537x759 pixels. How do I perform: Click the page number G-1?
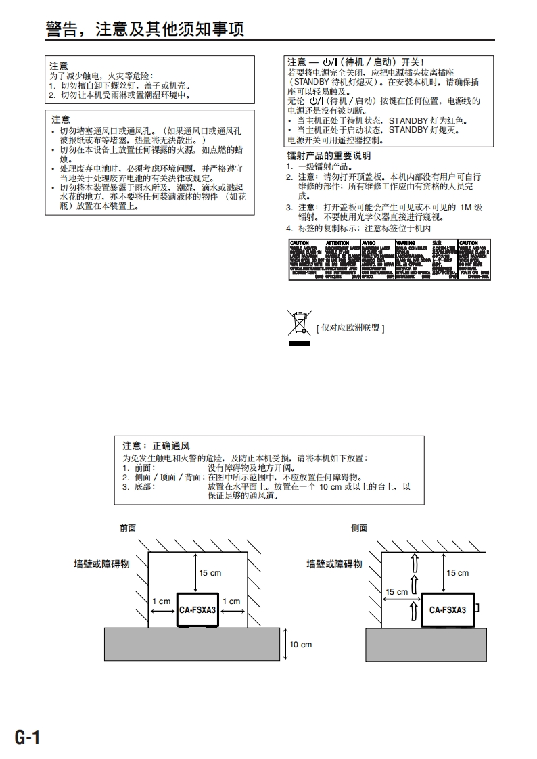[x=28, y=737]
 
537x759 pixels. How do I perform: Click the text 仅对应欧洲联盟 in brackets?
[x=350, y=328]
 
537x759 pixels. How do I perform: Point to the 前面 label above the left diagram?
[x=128, y=528]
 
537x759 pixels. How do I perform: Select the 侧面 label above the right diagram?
[x=359, y=528]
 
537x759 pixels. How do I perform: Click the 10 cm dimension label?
[x=300, y=645]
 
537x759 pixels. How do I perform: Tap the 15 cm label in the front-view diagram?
[x=210, y=573]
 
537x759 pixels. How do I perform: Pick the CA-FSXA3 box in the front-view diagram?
[x=197, y=609]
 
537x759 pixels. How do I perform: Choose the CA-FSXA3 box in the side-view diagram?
[x=448, y=609]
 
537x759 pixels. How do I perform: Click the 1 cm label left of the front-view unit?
[x=161, y=601]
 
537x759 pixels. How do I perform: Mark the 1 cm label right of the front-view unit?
[x=231, y=601]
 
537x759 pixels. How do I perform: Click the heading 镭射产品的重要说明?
[x=329, y=156]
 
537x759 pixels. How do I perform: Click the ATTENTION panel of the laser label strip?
[x=342, y=258]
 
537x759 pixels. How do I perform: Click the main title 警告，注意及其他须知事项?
[x=144, y=28]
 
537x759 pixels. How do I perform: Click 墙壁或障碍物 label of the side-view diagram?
[x=334, y=563]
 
